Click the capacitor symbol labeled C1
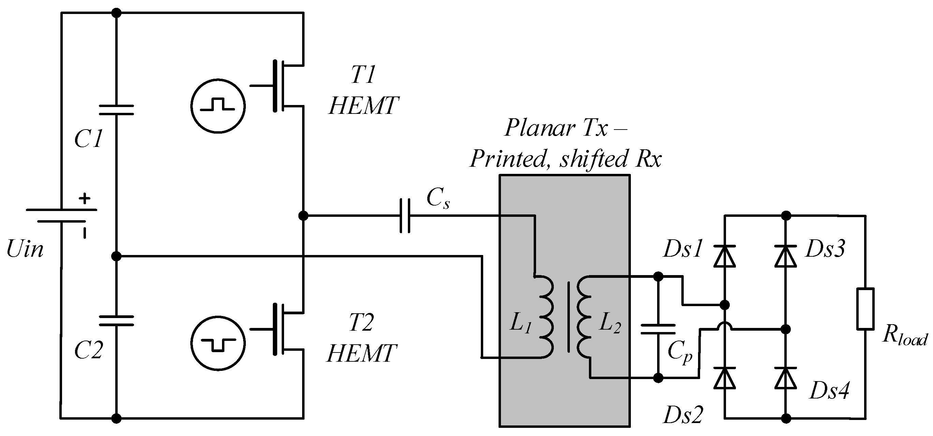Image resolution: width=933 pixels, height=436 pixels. tap(116, 110)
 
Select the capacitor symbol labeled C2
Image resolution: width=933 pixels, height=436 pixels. tap(116, 321)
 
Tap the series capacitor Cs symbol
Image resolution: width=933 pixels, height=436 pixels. tap(405, 216)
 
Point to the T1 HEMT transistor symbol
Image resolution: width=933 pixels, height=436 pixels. tap(282, 86)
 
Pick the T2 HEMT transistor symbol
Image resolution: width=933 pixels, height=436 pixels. tap(282, 329)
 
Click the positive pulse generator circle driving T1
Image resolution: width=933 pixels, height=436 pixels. tap(218, 106)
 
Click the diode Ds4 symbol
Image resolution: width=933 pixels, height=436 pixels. tap(786, 378)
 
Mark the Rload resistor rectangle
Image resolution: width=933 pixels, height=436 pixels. tap(865, 309)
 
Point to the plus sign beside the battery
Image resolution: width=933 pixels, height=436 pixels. tap(85, 198)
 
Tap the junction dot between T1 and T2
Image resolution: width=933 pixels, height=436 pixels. tap(303, 216)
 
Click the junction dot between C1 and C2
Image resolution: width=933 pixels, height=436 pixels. tap(116, 256)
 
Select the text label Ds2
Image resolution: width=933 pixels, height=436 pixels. tap(683, 415)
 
